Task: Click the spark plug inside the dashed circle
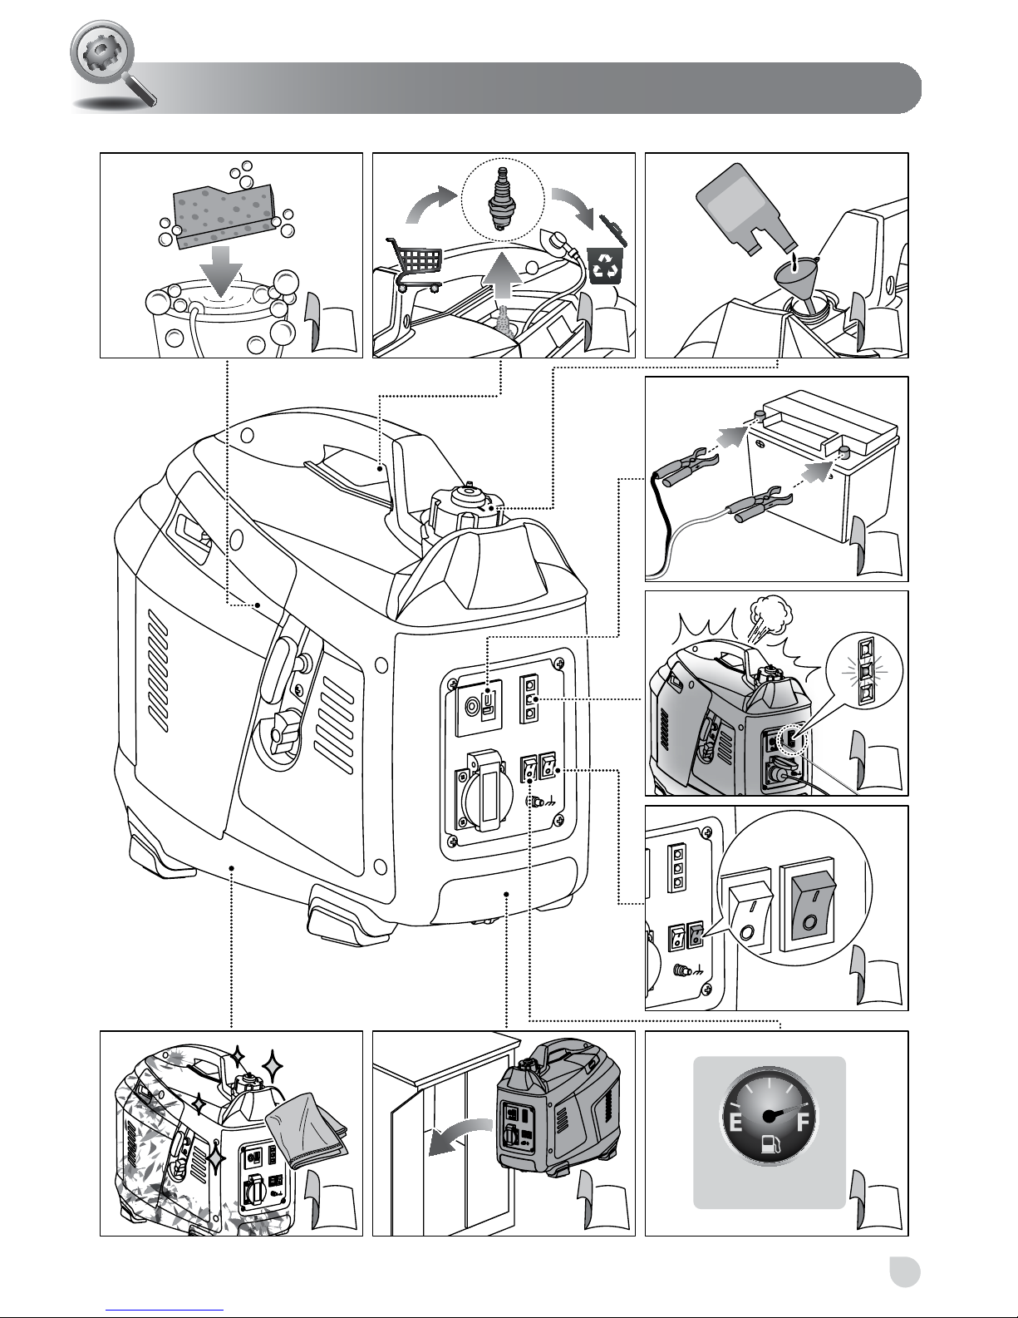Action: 501,200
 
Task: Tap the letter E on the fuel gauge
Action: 735,1123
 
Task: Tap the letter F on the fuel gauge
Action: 803,1123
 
